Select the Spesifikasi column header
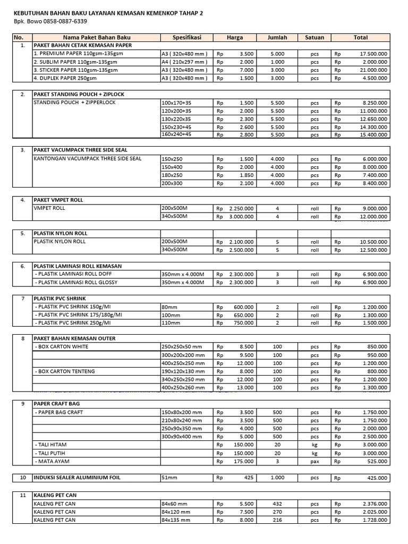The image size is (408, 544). [186, 38]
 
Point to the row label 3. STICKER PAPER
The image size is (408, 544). [75, 70]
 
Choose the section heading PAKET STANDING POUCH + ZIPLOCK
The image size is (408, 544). [79, 94]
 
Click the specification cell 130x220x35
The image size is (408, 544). [176, 119]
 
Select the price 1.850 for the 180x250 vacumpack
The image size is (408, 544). [246, 175]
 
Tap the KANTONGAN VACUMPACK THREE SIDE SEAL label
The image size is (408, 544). [88, 159]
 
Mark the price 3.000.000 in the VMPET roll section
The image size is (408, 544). [241, 217]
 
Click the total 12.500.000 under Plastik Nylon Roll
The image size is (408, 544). [370, 250]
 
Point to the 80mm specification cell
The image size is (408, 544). [171, 307]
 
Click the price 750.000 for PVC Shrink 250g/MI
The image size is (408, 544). [243, 323]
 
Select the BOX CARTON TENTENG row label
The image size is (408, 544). [61, 371]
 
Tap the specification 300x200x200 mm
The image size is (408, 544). [182, 355]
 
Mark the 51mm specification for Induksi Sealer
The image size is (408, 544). [168, 478]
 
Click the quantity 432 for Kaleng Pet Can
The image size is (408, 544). [277, 504]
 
